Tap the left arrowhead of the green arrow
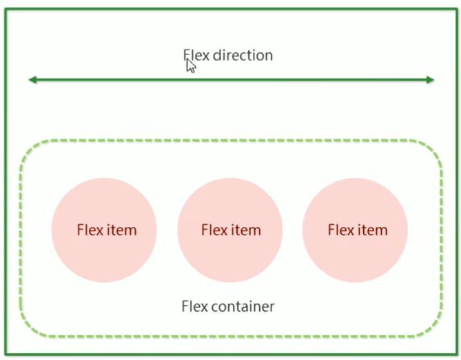tap(32, 80)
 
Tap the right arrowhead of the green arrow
tap(430, 80)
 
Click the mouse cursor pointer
tap(191, 66)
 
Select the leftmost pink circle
tap(104, 230)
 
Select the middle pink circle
tap(230, 230)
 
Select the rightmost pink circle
tap(356, 230)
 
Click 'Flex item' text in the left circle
tap(106, 230)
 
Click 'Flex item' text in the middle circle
tap(231, 230)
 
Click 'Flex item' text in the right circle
tap(357, 230)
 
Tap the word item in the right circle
tap(372, 230)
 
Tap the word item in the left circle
tap(121, 230)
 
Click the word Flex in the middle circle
tap(213, 230)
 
